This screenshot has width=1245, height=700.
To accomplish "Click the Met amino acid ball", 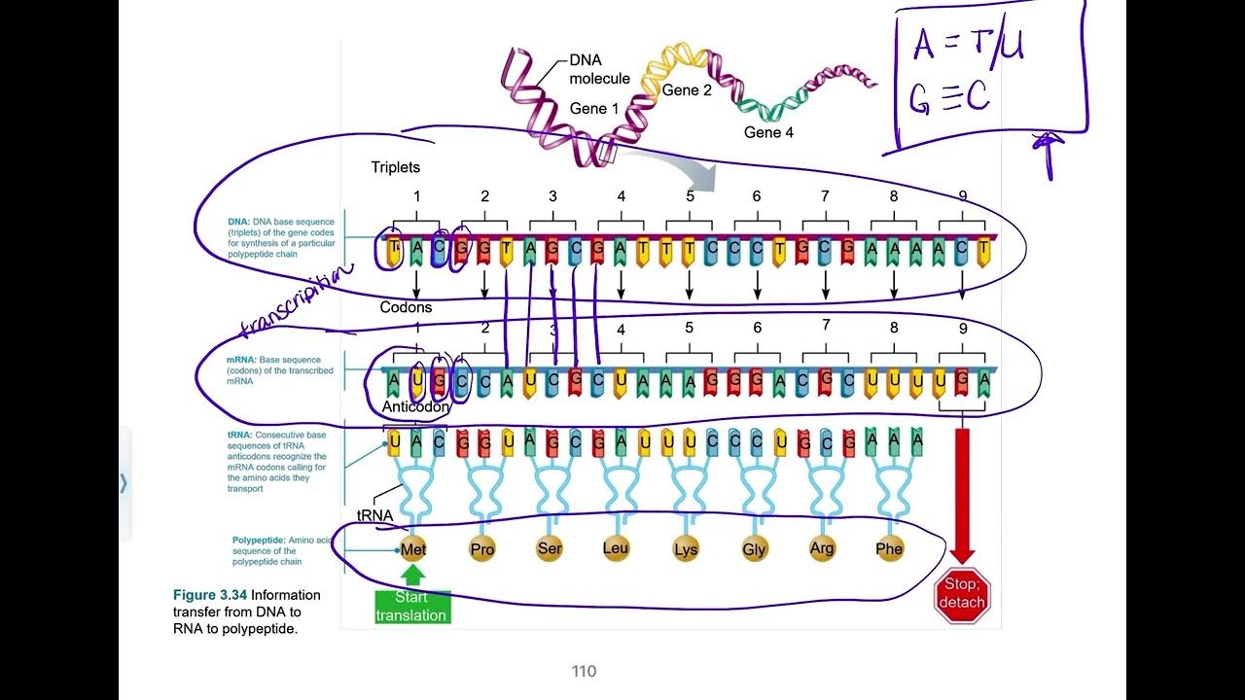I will click(413, 549).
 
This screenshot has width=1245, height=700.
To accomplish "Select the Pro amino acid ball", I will click(481, 549).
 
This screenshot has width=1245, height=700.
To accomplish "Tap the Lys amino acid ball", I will click(686, 549).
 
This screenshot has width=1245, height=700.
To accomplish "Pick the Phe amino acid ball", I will click(889, 548).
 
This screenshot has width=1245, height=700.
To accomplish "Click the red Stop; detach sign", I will click(962, 594).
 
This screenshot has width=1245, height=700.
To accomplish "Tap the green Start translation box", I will click(412, 607).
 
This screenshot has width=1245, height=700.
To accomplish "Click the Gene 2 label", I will click(687, 90).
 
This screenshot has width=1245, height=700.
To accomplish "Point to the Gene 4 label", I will click(768, 132).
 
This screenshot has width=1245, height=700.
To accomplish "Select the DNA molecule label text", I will click(599, 69).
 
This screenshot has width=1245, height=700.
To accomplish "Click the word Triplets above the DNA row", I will click(395, 167).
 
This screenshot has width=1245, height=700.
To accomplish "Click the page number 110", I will click(584, 671).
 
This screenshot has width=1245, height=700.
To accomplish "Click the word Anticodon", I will click(416, 407).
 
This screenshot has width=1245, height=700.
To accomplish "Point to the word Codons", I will click(406, 307).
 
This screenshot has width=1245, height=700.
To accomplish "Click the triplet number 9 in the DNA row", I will click(962, 196).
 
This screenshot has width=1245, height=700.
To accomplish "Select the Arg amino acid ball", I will click(822, 548).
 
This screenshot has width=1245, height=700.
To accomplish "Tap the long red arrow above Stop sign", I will click(962, 491).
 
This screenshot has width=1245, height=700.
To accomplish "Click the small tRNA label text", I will click(375, 516).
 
